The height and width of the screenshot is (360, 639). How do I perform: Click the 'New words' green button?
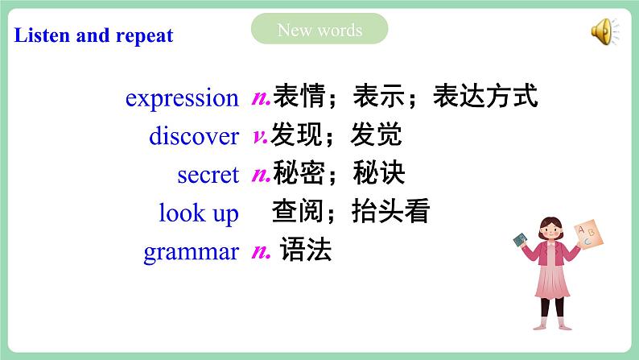tap(319, 31)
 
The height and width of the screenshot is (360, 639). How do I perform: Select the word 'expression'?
tap(182, 98)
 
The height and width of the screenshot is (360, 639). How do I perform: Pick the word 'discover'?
tap(194, 136)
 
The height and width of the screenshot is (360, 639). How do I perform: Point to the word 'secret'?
tap(208, 175)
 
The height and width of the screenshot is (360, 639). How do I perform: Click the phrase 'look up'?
tap(199, 213)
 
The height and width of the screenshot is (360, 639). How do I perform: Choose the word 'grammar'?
tap(191, 252)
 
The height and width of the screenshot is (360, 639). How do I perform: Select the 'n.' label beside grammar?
tap(261, 251)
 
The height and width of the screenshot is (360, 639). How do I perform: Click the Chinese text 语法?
tap(306, 251)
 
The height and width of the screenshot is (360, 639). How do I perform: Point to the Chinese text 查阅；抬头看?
tap(351, 213)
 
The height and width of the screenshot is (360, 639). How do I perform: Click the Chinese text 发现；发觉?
tap(336, 135)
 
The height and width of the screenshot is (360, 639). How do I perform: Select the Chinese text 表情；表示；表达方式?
tap(405, 97)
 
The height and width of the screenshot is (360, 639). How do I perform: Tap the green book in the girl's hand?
tap(521, 240)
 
